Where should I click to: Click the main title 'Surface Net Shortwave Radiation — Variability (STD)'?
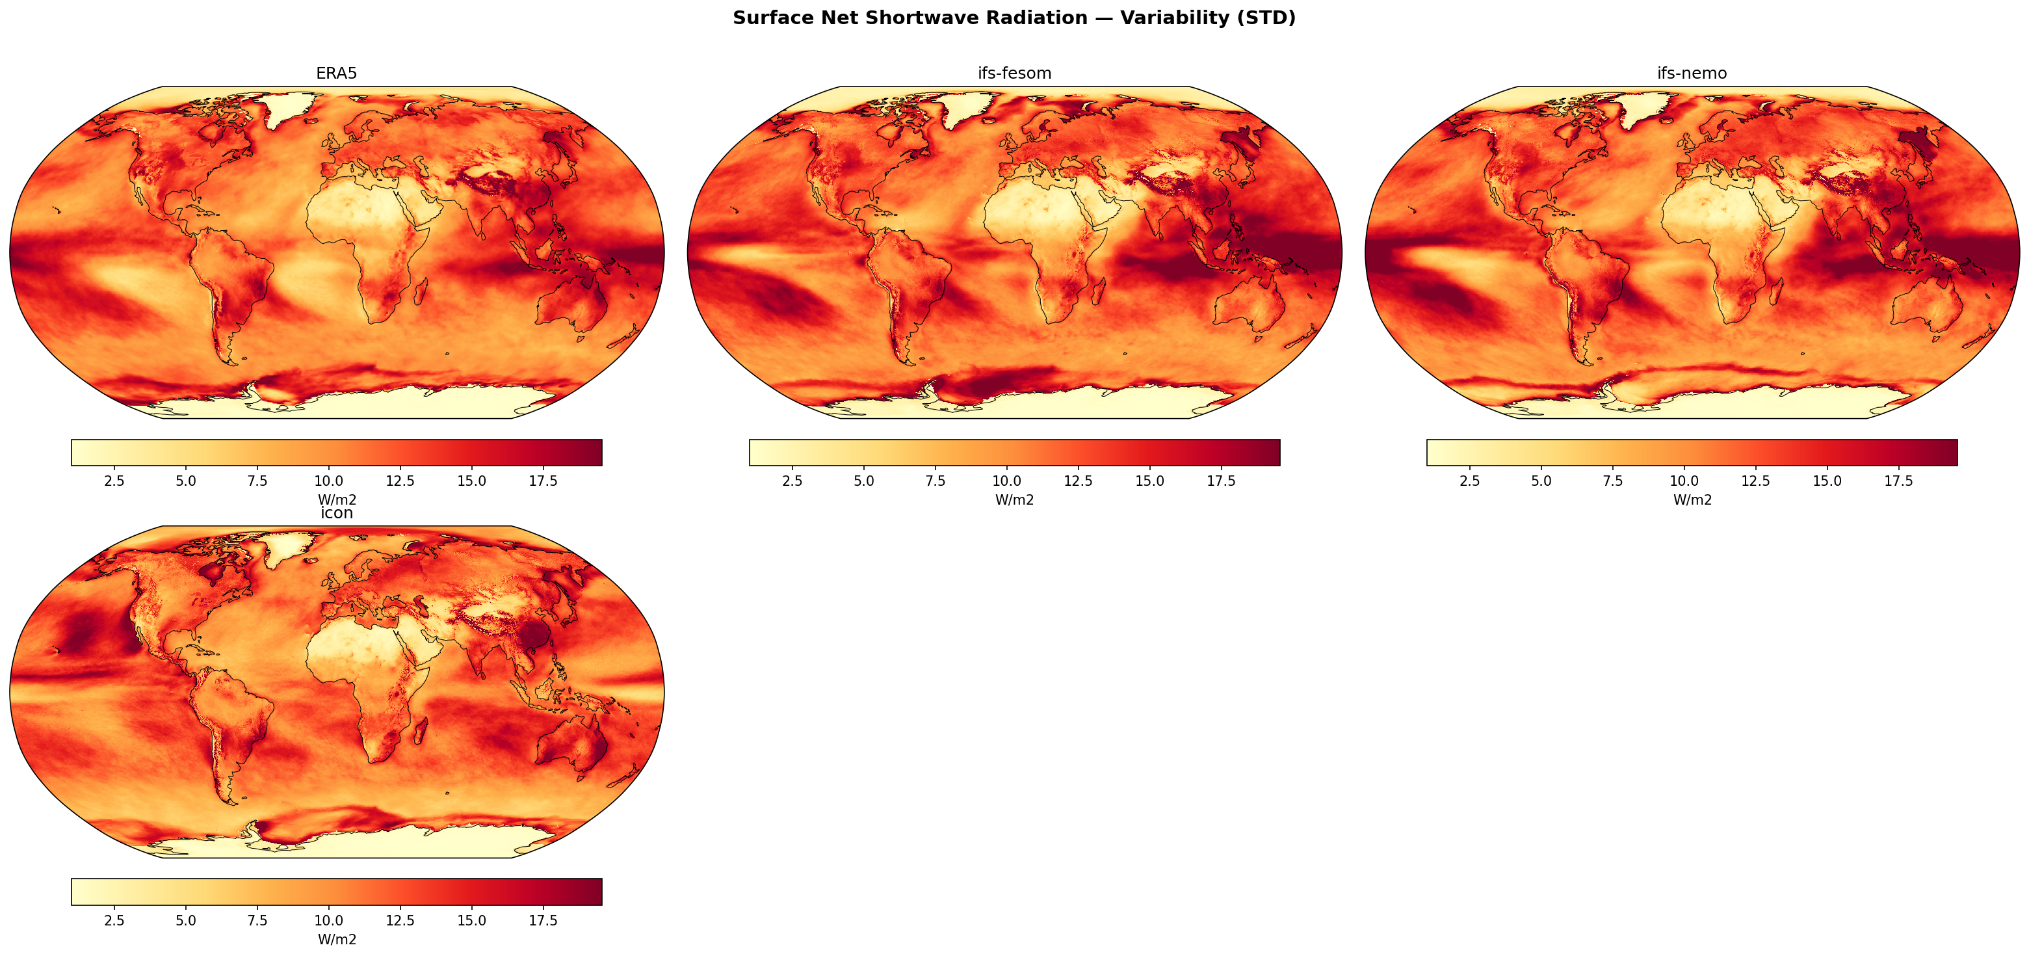pyautogui.click(x=1014, y=18)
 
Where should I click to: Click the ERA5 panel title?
pyautogui.click(x=336, y=73)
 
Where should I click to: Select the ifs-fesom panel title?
pyautogui.click(x=1014, y=73)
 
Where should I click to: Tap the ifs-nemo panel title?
pyautogui.click(x=1692, y=73)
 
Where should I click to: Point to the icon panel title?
pyautogui.click(x=336, y=513)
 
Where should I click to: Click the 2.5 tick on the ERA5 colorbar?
pyautogui.click(x=114, y=481)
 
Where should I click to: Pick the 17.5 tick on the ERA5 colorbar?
pyautogui.click(x=543, y=481)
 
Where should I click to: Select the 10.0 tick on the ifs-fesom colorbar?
pyautogui.click(x=1006, y=481)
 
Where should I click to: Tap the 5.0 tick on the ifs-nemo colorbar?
pyautogui.click(x=1541, y=481)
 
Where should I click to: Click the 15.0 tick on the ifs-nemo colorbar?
pyautogui.click(x=1827, y=481)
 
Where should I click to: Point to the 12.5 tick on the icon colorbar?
pyautogui.click(x=400, y=920)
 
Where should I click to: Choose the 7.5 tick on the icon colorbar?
pyautogui.click(x=257, y=920)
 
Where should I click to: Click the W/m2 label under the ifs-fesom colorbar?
pyautogui.click(x=1014, y=499)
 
